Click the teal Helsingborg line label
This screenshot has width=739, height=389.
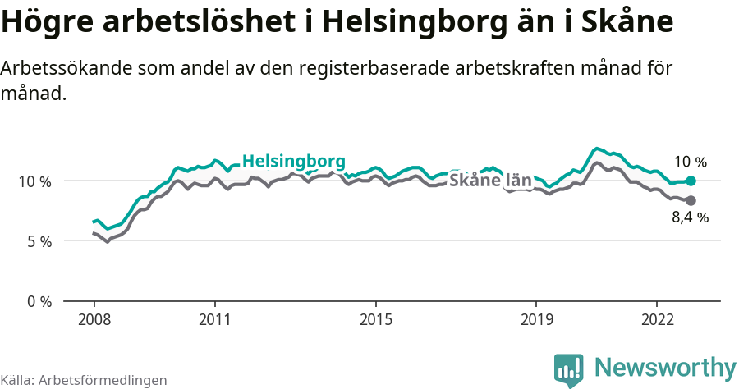294,160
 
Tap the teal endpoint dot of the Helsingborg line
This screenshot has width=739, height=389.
691,181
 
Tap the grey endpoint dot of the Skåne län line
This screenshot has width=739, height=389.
691,200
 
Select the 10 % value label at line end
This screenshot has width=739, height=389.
690,162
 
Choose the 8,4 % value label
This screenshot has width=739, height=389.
690,218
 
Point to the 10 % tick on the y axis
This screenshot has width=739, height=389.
35,181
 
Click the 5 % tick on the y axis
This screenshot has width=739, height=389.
39,241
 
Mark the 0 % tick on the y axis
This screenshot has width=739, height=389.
39,301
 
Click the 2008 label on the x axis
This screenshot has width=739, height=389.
94,319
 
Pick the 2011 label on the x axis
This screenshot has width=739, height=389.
214,319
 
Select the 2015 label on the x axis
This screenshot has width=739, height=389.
375,319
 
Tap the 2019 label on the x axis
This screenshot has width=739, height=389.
536,319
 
